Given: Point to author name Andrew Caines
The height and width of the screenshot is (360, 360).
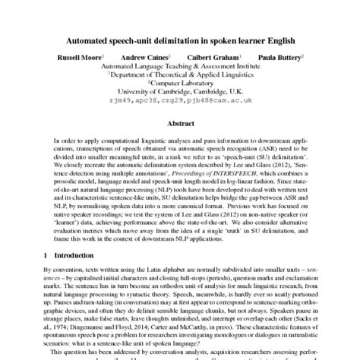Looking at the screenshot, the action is coord(148,58).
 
